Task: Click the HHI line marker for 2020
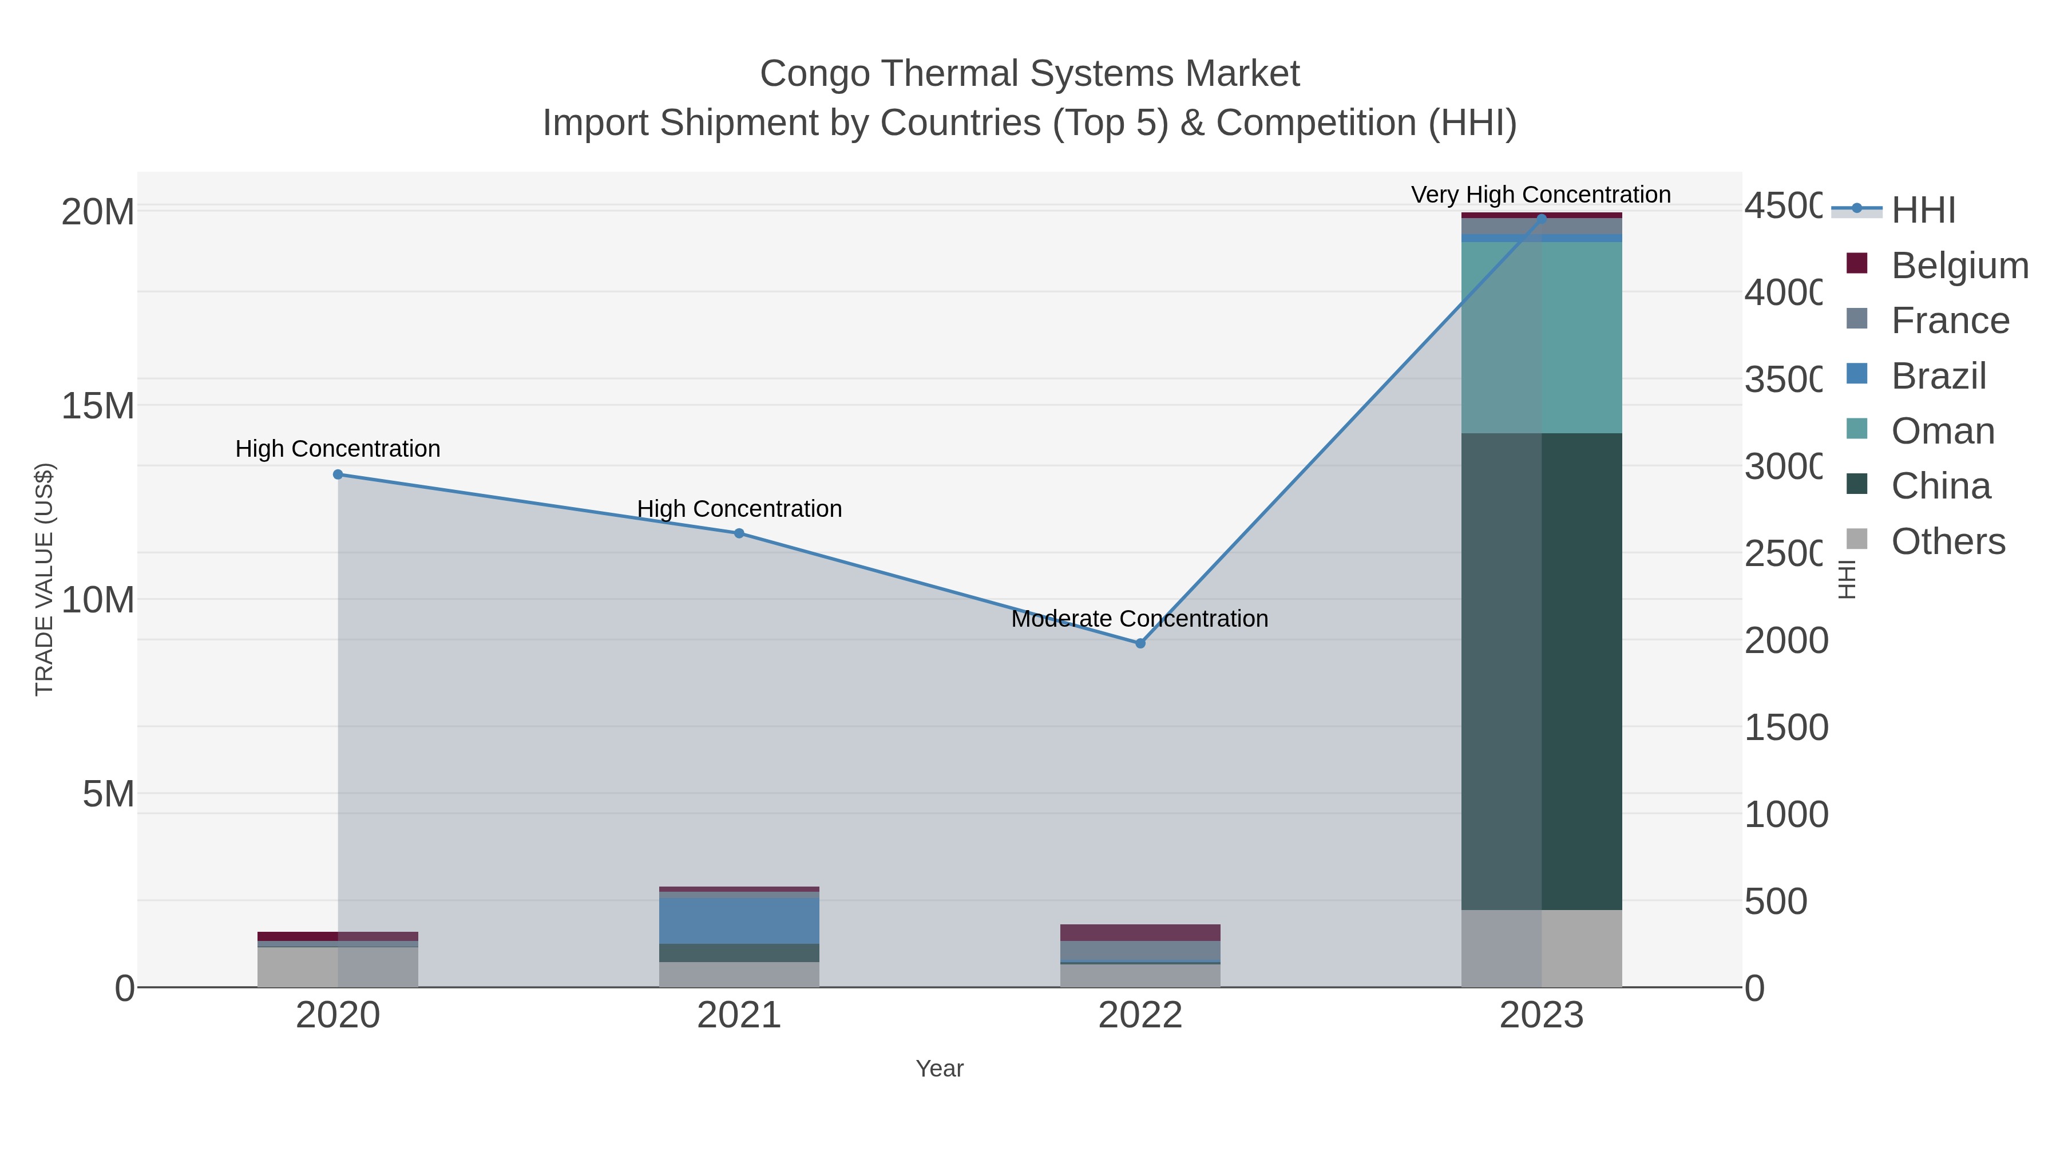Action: (x=338, y=474)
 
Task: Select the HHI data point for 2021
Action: (x=739, y=533)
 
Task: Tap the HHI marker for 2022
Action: (x=1140, y=643)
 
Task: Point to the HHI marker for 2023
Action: (x=1542, y=219)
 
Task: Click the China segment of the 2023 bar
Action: (x=1542, y=672)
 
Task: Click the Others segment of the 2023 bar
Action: (x=1542, y=948)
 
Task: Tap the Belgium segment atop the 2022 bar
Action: (x=1140, y=933)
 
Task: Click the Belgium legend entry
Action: (x=1959, y=265)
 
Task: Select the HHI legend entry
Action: (x=1923, y=209)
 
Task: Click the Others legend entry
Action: (x=1947, y=541)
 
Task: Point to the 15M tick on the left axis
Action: (x=97, y=406)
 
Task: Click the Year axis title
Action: (x=940, y=1069)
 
